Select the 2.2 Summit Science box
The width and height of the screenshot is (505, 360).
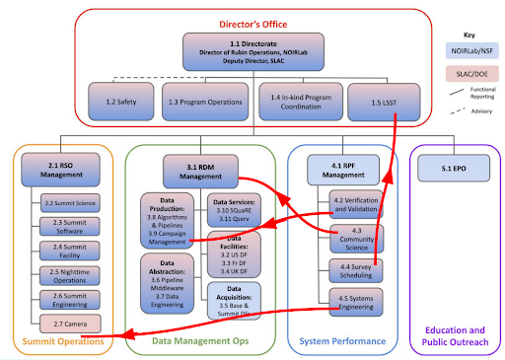pos(69,203)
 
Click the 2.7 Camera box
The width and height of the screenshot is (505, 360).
pos(69,323)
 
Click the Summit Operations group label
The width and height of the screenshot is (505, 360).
pos(61,341)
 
